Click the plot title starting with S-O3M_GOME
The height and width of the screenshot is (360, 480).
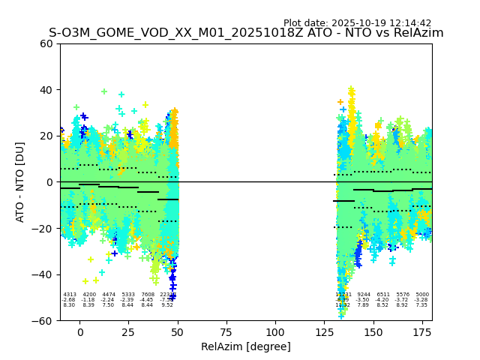[246, 33]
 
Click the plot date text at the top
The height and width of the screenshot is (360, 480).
[367, 23]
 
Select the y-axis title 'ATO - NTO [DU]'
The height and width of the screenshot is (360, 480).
[21, 182]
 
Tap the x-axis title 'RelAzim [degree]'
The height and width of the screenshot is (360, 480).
[246, 346]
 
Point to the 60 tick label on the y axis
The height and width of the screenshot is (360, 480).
[46, 43]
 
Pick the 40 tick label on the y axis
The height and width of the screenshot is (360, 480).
[46, 90]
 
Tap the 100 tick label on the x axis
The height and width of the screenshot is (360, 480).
[275, 331]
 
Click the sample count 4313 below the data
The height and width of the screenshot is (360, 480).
[70, 295]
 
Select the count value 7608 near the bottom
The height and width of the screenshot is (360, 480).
[148, 295]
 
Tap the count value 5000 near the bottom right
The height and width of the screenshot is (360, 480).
[422, 295]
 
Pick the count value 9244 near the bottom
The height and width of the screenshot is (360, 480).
[364, 295]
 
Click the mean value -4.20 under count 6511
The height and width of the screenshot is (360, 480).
[383, 300]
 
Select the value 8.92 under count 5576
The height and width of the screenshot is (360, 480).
[403, 305]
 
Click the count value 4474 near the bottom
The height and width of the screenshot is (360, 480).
[109, 295]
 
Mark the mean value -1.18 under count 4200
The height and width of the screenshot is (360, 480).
[89, 300]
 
